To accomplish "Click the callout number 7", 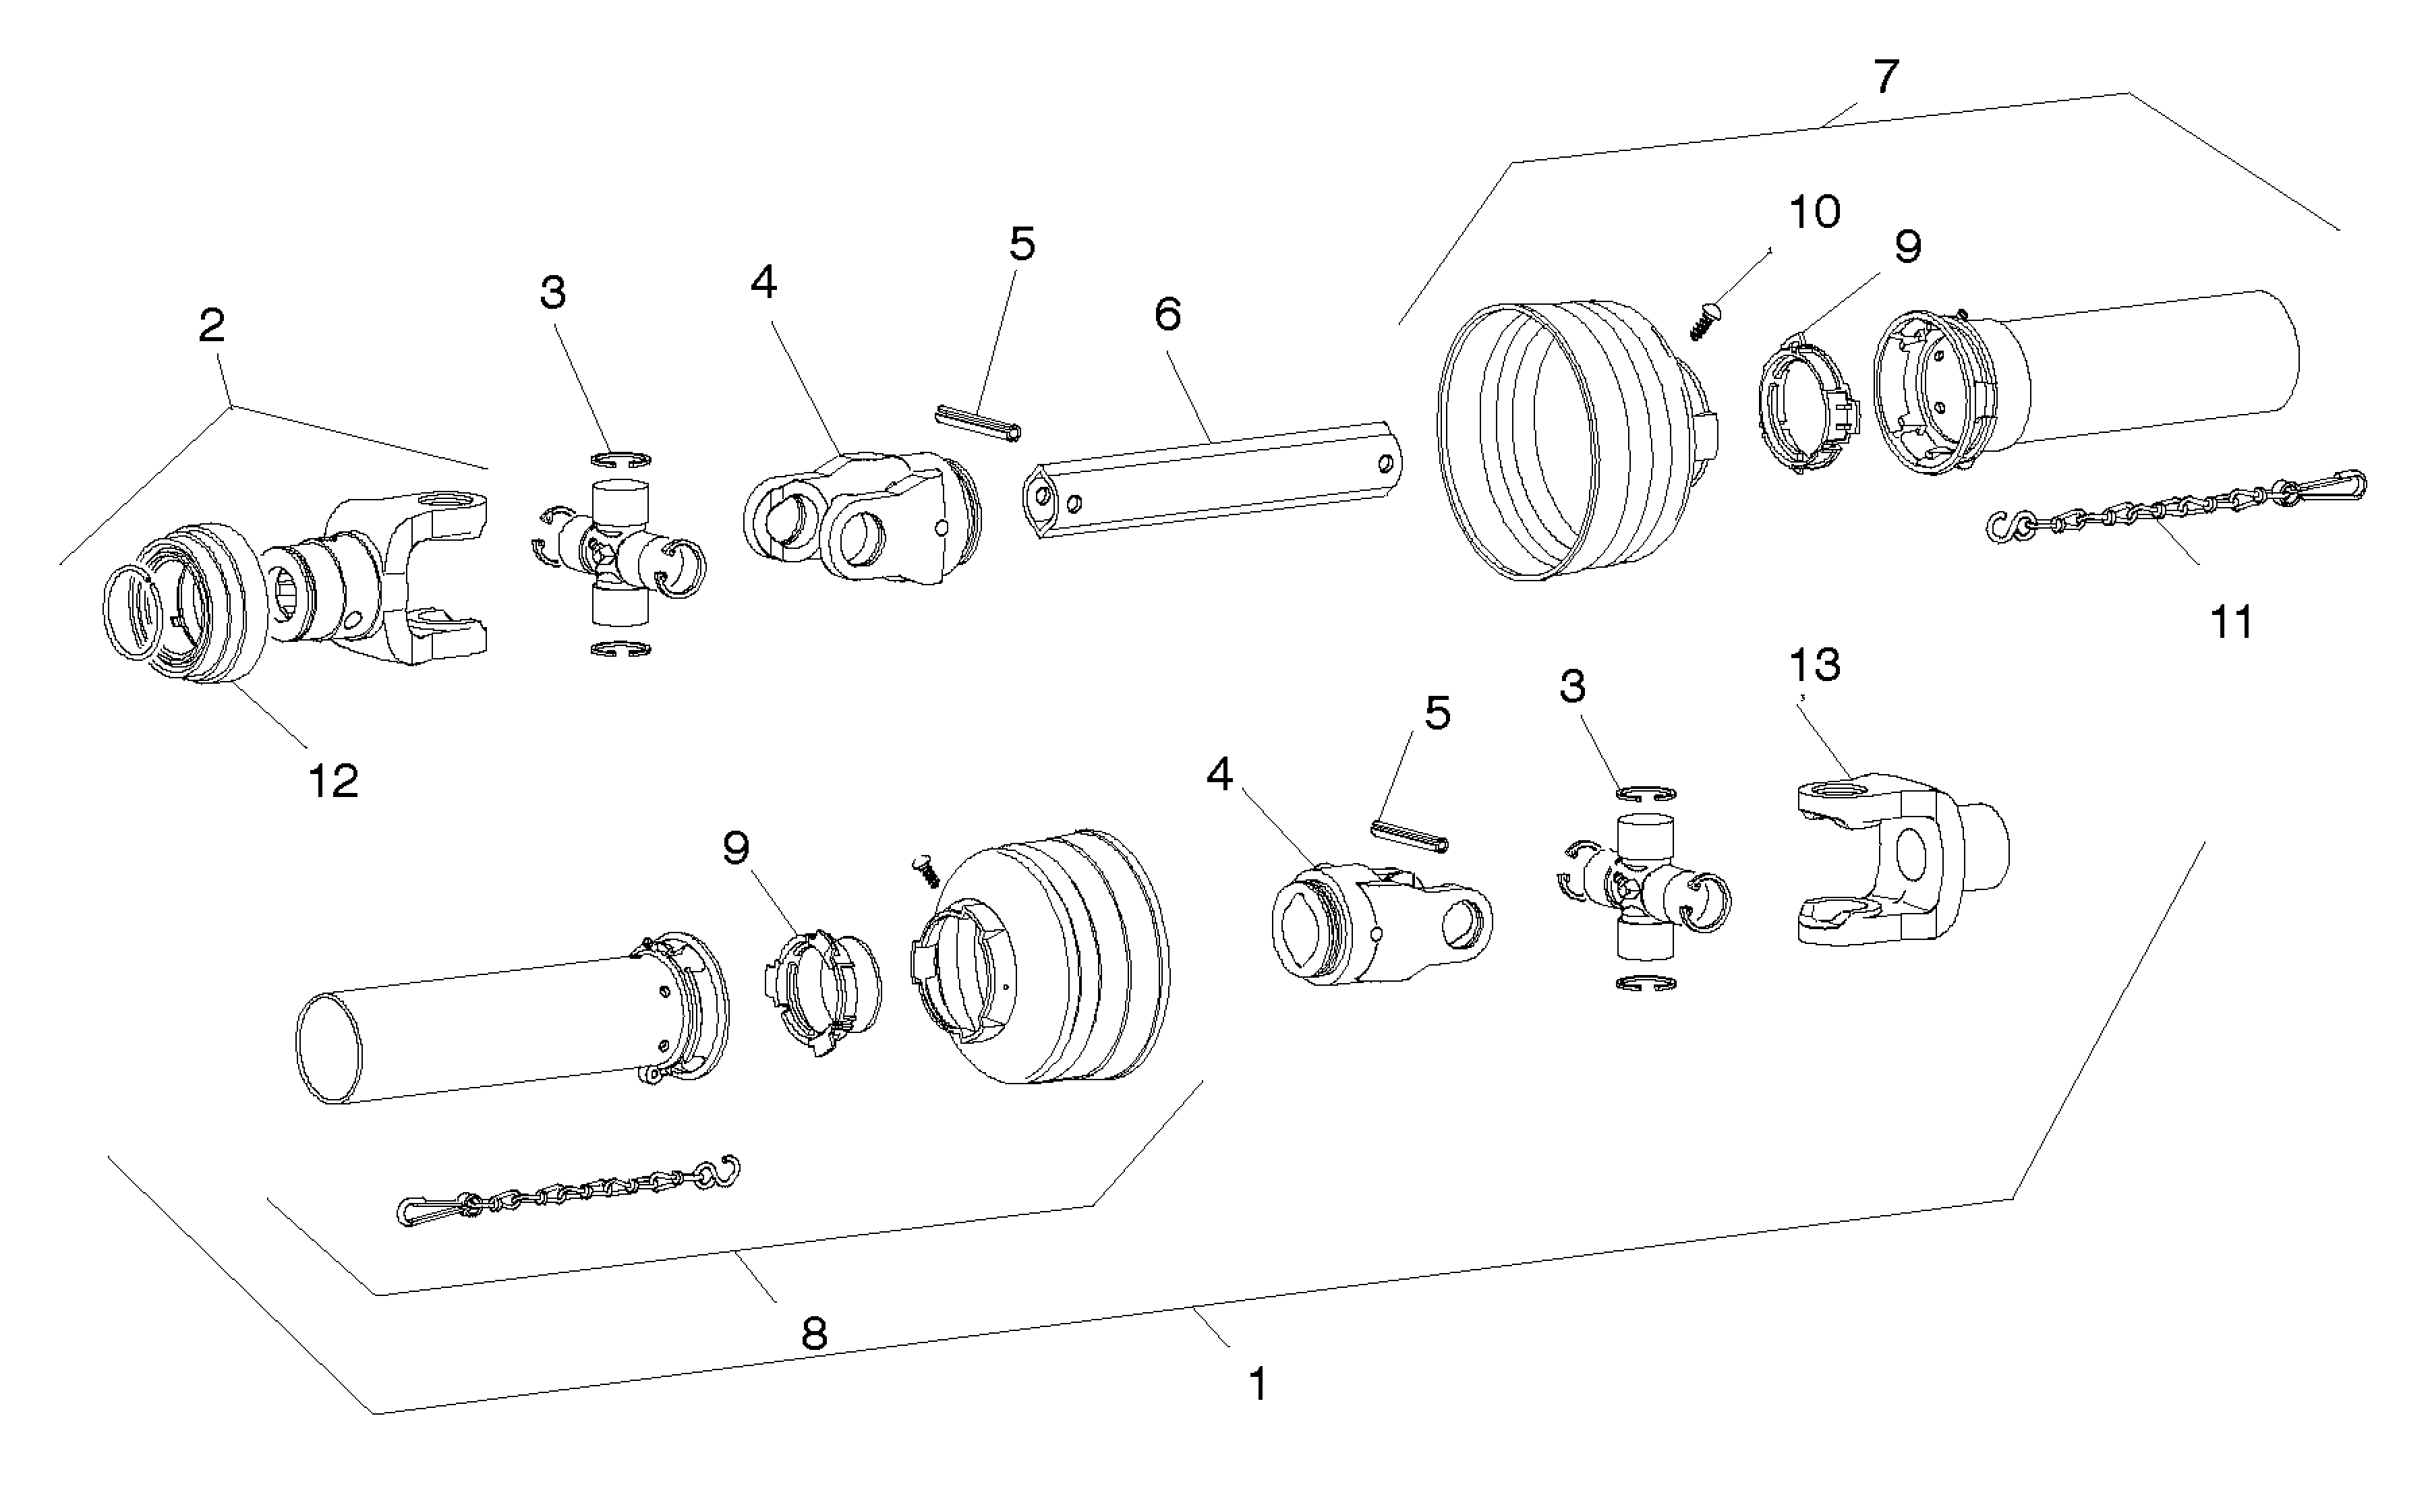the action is click(1886, 77).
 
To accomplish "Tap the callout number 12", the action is click(333, 781).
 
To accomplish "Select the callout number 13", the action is click(1815, 664).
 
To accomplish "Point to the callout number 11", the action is click(2231, 622).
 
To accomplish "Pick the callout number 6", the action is click(1167, 314).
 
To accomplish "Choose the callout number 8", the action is click(814, 1334).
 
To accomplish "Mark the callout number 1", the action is click(1259, 1384).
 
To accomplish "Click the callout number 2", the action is click(212, 326).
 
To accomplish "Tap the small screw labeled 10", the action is click(1707, 322).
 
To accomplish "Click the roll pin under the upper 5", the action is click(979, 422).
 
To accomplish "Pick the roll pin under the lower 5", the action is click(1410, 835).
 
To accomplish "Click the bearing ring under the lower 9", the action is click(820, 993).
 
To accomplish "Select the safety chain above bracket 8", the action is click(569, 1191).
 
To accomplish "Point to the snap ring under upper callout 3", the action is click(620, 459).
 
